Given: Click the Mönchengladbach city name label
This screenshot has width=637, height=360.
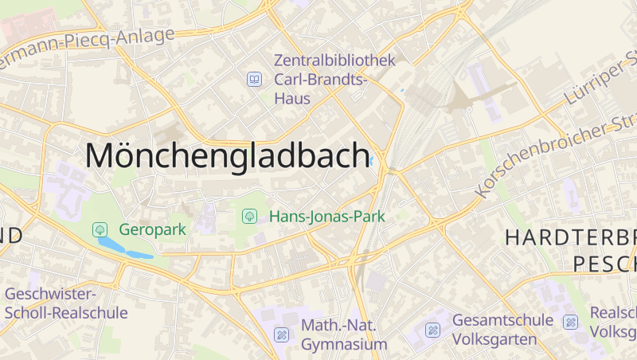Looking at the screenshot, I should [227, 155].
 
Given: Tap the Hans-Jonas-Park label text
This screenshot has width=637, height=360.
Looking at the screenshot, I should [327, 216].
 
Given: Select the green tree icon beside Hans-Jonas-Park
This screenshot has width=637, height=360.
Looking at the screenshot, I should [249, 216].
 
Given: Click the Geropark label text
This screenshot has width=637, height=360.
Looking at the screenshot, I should [152, 229].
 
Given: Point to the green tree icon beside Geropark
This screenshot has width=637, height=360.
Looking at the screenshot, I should [100, 229].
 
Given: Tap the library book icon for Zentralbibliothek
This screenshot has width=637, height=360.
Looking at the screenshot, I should [254, 79].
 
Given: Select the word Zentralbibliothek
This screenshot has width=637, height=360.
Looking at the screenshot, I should [334, 61].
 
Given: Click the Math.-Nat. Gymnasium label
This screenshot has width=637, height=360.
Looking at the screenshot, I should [344, 335].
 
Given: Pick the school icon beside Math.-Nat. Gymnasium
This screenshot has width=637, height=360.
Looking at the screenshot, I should [281, 335].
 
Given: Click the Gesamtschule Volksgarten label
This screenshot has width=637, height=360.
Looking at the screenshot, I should [502, 329].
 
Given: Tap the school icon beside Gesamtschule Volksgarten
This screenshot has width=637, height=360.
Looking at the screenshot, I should [432, 329].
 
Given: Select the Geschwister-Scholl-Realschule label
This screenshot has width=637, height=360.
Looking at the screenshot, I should [65, 303].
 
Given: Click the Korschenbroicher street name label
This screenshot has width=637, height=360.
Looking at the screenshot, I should [557, 156].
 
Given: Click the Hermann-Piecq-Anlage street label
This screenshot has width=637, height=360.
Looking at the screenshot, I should [88, 45].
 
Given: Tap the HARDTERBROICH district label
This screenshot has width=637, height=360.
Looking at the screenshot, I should [570, 237].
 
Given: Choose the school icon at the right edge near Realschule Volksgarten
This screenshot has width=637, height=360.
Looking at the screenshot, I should [570, 322].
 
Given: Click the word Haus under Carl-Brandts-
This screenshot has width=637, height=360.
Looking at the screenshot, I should [292, 98].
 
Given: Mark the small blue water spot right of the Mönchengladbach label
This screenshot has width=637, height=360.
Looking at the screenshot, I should [372, 160].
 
